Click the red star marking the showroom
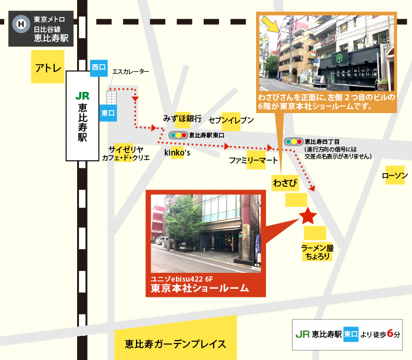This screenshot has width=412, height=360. [x=307, y=216]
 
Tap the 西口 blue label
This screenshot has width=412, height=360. [x=99, y=68]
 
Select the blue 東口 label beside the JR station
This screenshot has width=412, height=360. [x=108, y=113]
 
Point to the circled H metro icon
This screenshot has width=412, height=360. [x=22, y=24]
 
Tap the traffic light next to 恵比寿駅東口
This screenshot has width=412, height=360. [x=177, y=135]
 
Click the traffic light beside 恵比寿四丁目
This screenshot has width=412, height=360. [x=293, y=141]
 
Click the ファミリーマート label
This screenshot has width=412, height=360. [x=253, y=160]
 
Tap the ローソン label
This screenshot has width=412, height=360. [x=394, y=175]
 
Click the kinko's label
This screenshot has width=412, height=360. [x=177, y=153]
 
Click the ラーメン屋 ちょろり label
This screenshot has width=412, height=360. [x=317, y=252]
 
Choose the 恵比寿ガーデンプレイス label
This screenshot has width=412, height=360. [x=175, y=344]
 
